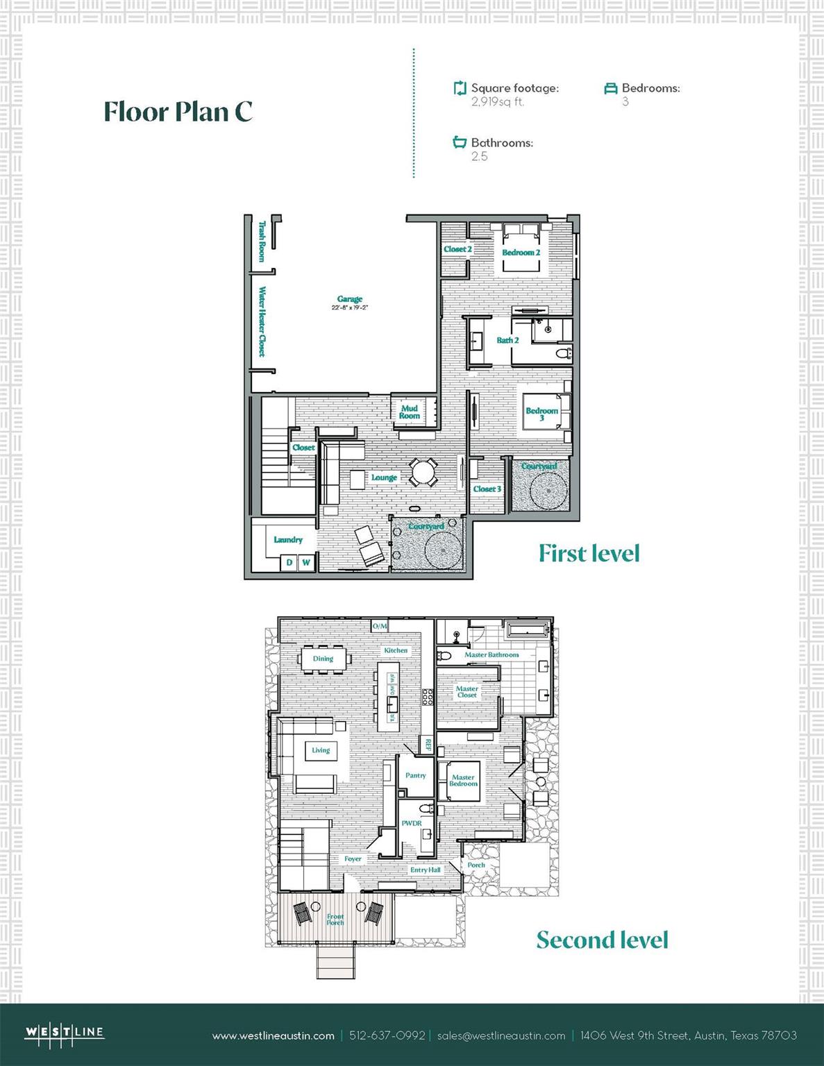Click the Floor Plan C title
(178, 112)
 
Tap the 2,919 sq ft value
(497, 102)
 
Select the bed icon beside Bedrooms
(610, 88)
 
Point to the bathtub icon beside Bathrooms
(460, 142)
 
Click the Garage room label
(350, 299)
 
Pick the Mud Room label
(410, 412)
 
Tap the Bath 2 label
(507, 340)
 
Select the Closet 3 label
(487, 489)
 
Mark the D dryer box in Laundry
(289, 562)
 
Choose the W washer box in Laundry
(305, 562)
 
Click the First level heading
(589, 553)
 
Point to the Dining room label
(323, 659)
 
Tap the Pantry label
(416, 775)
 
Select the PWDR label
(412, 823)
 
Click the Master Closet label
(466, 692)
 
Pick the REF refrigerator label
(428, 745)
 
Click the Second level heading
(602, 940)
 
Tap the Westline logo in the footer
(65, 1033)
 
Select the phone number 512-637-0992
(387, 1035)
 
